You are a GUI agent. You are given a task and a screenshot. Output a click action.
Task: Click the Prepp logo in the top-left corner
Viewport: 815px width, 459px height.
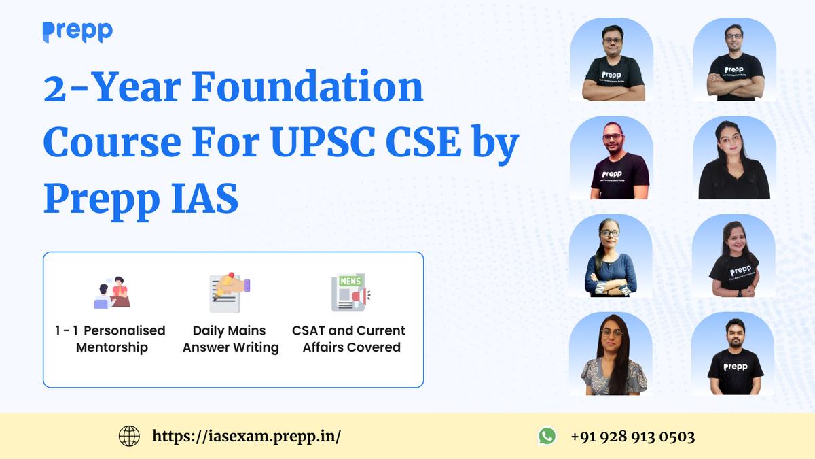point(77,31)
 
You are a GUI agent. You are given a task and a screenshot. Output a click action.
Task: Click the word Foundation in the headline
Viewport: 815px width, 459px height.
point(307,89)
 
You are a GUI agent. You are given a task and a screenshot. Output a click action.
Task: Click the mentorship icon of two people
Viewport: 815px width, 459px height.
point(111,292)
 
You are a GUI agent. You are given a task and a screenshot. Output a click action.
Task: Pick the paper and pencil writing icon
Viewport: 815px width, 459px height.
point(230,292)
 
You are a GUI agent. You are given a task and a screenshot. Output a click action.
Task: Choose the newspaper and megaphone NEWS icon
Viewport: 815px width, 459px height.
point(350,292)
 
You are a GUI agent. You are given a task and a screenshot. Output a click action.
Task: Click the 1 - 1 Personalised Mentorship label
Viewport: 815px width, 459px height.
point(110,339)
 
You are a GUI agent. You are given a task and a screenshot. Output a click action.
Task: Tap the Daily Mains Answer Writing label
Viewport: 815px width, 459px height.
point(230,339)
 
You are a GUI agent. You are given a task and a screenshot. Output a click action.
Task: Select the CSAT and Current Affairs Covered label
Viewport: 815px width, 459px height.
point(348,339)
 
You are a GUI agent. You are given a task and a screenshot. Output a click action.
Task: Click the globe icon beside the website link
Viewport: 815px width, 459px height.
point(129,436)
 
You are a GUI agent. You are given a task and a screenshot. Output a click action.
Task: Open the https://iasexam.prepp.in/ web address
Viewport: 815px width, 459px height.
point(247,436)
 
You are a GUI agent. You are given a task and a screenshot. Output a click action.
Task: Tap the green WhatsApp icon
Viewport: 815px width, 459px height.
point(547,436)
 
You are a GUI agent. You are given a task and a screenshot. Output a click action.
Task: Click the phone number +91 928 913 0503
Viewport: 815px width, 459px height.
point(632,436)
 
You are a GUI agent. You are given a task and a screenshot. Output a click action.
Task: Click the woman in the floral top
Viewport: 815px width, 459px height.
point(609,357)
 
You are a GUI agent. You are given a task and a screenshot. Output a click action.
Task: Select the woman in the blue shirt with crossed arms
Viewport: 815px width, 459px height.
point(610,258)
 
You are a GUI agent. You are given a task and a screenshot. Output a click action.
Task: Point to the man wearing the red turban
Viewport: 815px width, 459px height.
point(611,160)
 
